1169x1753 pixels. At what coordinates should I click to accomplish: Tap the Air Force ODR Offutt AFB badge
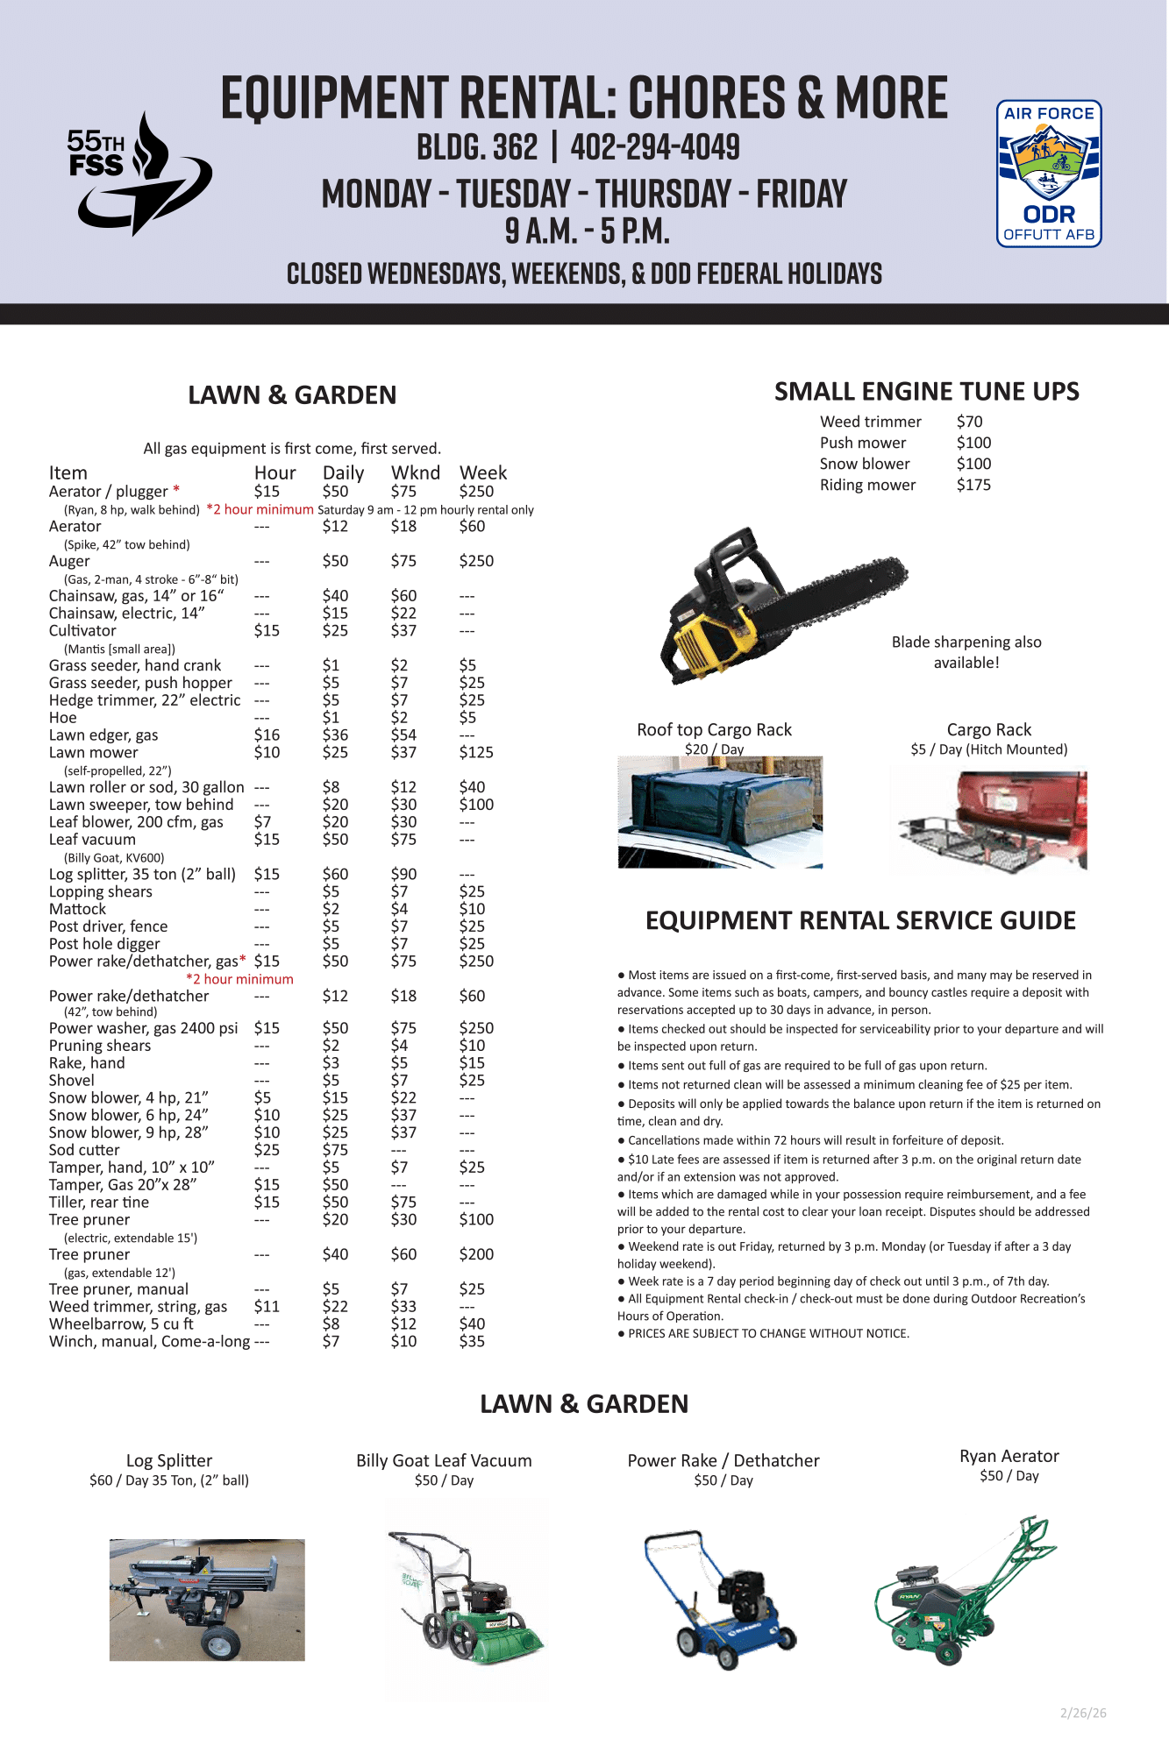coord(1049,174)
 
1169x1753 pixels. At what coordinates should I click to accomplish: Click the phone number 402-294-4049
coord(655,147)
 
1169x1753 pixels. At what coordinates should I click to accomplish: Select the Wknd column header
coord(415,473)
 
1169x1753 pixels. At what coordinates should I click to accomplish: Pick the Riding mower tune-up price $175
coord(973,485)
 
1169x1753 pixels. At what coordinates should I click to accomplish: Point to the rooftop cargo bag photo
coord(720,812)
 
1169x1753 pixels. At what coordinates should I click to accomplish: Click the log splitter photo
coord(207,1600)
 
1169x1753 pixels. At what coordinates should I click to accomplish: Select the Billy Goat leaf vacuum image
coord(466,1600)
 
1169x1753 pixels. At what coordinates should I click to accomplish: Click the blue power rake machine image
coord(721,1600)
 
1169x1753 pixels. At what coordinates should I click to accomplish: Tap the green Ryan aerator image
coord(965,1591)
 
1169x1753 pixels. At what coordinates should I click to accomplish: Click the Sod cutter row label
coord(84,1150)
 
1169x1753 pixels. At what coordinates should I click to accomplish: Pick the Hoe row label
coord(63,718)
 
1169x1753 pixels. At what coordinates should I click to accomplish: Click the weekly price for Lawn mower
coord(476,753)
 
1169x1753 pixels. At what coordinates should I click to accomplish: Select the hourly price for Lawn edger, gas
coord(267,735)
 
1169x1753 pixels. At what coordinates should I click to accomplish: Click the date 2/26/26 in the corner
coord(1083,1713)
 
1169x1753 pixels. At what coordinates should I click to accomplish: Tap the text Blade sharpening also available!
coord(966,652)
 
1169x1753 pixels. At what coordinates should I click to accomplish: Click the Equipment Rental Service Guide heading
coord(860,920)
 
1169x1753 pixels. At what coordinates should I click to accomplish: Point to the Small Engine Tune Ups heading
coord(926,392)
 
